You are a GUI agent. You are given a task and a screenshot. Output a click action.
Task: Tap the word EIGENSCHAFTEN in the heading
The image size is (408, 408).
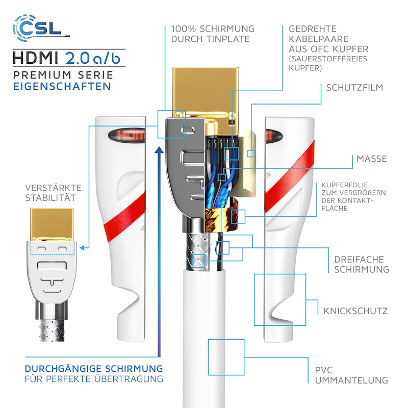(62, 86)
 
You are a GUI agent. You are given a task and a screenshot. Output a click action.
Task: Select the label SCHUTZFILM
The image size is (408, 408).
(354, 88)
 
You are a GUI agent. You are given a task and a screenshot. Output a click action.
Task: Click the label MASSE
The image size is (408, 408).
(372, 159)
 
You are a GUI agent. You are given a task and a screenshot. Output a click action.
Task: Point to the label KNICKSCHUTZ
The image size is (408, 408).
(355, 311)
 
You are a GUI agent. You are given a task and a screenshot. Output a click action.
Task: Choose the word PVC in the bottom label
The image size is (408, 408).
(324, 370)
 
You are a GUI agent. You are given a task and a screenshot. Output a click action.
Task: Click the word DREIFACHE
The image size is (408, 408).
(359, 260)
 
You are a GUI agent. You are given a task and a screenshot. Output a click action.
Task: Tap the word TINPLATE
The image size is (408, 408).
(228, 39)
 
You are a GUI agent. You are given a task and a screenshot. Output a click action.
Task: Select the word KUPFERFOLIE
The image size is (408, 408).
(345, 185)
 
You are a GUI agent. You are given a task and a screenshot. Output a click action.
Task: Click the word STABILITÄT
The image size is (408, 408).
(50, 198)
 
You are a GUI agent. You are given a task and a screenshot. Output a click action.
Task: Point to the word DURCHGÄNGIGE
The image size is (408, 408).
(63, 369)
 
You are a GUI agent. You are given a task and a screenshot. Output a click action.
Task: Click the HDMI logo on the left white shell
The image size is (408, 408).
(126, 135)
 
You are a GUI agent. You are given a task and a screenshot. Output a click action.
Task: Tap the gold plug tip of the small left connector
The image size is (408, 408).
(52, 224)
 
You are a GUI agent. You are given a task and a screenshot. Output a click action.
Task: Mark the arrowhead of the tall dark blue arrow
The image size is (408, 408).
(159, 150)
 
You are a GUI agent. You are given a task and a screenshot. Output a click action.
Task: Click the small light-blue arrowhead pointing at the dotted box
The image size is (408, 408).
(82, 248)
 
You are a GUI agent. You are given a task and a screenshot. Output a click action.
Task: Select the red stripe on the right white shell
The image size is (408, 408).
(289, 176)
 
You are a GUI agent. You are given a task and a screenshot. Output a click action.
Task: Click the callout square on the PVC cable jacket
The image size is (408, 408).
(226, 357)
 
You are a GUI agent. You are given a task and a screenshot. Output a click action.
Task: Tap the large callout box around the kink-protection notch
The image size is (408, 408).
(279, 300)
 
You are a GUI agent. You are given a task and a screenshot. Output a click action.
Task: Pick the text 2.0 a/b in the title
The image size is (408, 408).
(93, 58)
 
